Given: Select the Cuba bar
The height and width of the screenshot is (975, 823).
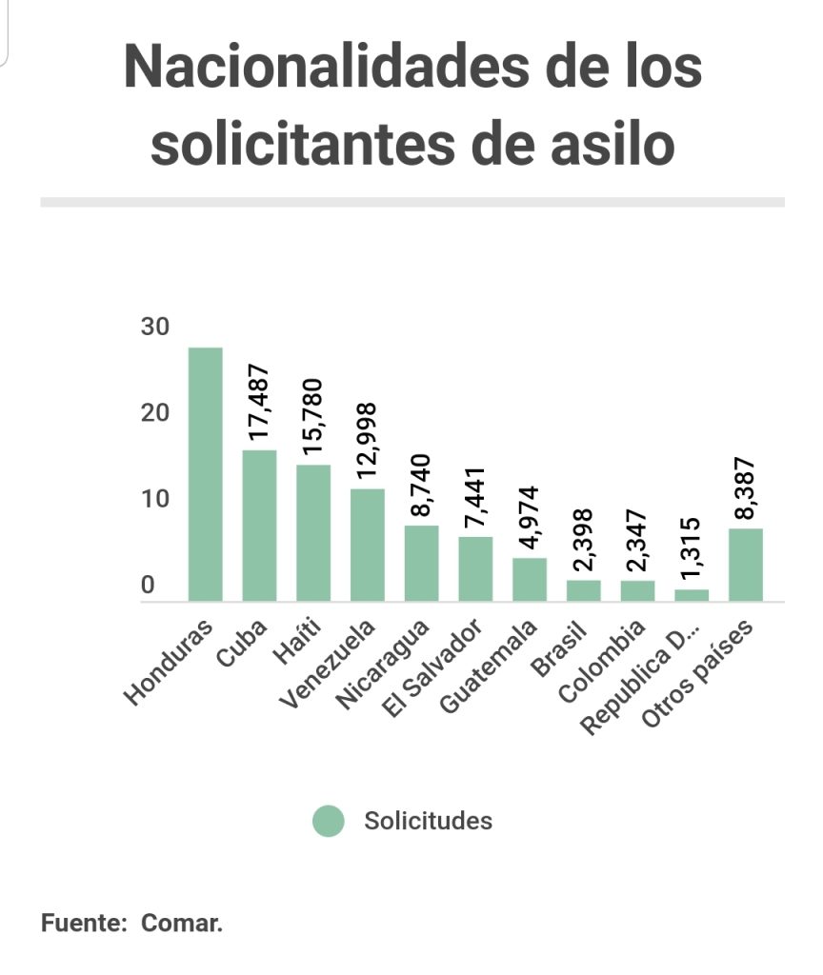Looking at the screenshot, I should point(259,526).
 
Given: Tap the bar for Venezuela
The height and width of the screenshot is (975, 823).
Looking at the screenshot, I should point(368,545).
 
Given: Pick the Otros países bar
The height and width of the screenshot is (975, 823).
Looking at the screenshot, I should point(746,565).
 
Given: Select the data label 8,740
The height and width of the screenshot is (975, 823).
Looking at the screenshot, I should point(421,487).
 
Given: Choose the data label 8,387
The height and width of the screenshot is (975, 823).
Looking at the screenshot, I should point(746,487).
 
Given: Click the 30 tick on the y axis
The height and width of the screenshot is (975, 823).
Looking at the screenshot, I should point(154,327).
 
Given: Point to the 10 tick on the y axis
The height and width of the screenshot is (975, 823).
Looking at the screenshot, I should point(154,499).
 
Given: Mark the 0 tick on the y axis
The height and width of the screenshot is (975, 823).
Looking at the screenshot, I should point(148,586).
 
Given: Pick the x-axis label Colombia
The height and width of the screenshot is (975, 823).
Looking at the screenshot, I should point(602,659).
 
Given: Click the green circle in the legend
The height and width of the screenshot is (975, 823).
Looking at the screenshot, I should point(329,821).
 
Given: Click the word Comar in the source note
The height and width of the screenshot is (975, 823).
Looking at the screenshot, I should point(181,924).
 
